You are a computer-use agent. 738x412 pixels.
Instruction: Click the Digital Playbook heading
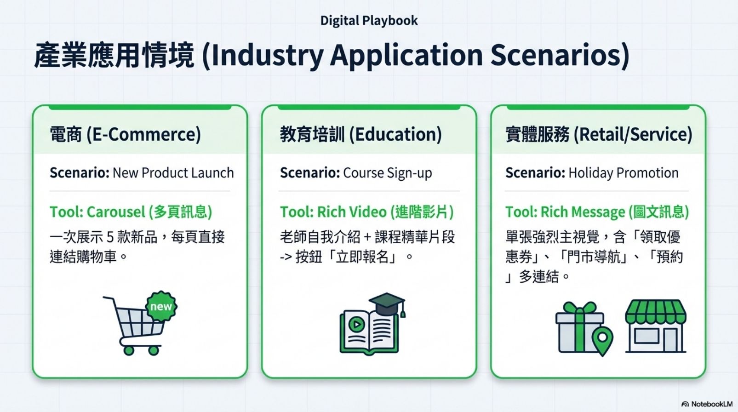coord(369,21)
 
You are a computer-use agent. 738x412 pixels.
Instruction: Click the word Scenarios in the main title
coord(560,55)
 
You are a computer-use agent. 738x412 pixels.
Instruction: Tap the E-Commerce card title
coord(125,134)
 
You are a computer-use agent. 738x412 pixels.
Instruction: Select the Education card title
coord(361,134)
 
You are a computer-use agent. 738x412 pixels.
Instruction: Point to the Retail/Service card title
coord(599,134)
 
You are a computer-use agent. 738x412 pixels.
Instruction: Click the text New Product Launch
coord(173,173)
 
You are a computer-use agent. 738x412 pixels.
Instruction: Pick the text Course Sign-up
coord(388,173)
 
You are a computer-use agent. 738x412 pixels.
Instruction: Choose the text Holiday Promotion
coord(624,173)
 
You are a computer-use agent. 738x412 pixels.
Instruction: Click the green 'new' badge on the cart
coord(161,307)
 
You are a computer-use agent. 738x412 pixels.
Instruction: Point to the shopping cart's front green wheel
coord(153,350)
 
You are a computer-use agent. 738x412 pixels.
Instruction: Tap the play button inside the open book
coord(356,325)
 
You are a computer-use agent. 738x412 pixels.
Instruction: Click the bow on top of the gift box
coord(579,308)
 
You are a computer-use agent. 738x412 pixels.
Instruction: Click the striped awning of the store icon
coord(656,311)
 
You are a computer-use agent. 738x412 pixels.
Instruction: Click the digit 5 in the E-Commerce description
coord(110,237)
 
